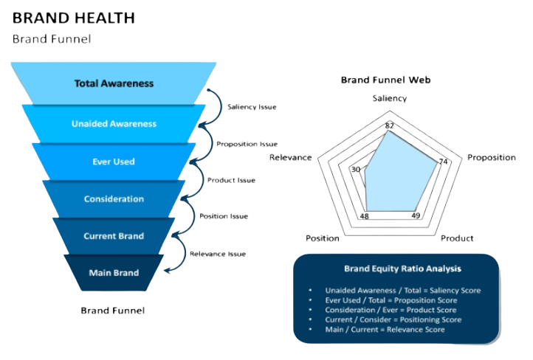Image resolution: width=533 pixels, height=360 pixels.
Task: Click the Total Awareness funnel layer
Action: pos(114,83)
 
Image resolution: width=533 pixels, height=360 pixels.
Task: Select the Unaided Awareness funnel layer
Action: pos(114,124)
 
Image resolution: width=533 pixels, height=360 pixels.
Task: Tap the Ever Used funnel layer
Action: pos(114,162)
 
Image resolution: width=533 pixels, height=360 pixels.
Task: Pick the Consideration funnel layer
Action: pos(114,199)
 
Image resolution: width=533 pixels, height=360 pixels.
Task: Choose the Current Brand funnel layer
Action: pos(114,236)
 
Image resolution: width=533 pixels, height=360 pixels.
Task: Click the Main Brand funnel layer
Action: pos(114,273)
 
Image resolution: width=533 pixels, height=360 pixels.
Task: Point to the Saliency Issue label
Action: pos(252,107)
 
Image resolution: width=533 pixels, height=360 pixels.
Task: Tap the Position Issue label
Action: pos(224,217)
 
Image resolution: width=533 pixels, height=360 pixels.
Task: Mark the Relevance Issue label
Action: pos(217,253)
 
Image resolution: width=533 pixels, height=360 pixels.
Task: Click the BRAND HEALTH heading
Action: pos(73,19)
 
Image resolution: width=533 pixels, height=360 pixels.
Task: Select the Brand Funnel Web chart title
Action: pos(385,80)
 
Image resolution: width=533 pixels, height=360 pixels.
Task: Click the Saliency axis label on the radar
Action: pos(388,97)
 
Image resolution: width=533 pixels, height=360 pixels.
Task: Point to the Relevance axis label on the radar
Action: pos(290,158)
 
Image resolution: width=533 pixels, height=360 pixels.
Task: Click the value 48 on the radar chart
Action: pos(365,215)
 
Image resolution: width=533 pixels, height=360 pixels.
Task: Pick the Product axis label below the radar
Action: pos(457,238)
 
